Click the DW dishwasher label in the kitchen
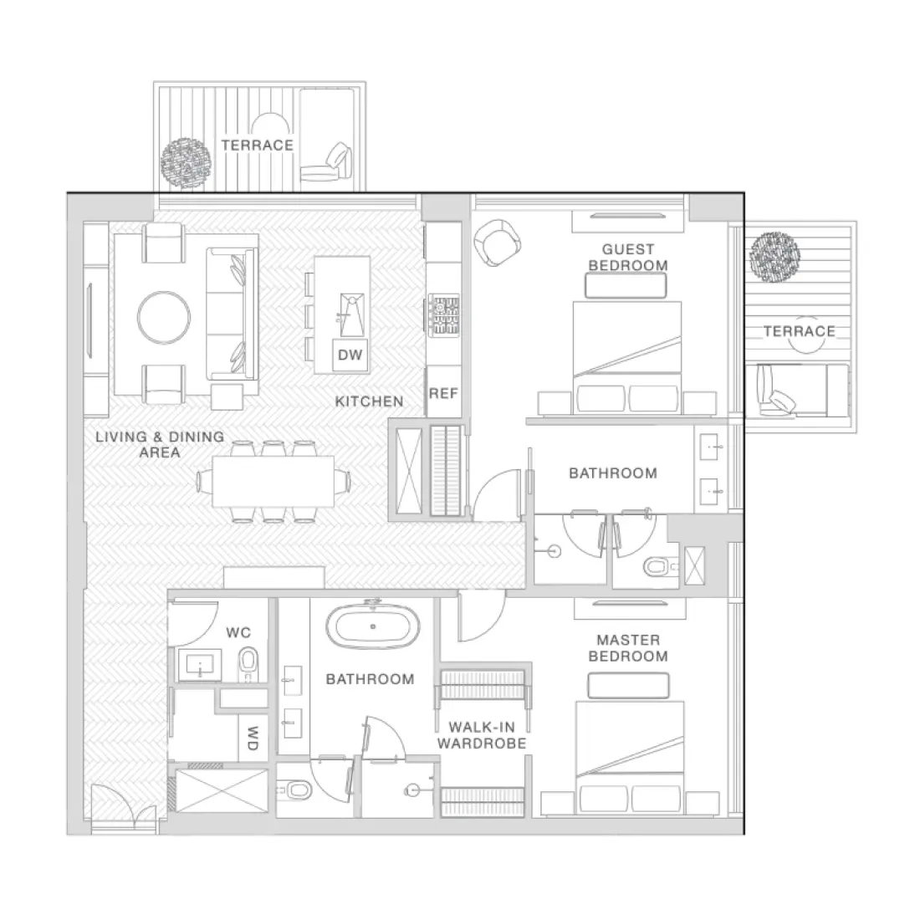pos(350,355)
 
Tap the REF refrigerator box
pos(443,392)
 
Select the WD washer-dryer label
pos(252,737)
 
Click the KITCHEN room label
pos(369,401)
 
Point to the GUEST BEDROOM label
pos(628,257)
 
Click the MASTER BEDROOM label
pos(628,648)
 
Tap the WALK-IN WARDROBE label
pos(482,735)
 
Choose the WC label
pos(239,632)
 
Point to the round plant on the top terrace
pos(187,159)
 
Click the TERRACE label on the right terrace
pos(799,331)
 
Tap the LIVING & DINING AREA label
pos(159,444)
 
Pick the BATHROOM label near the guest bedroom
pos(612,473)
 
